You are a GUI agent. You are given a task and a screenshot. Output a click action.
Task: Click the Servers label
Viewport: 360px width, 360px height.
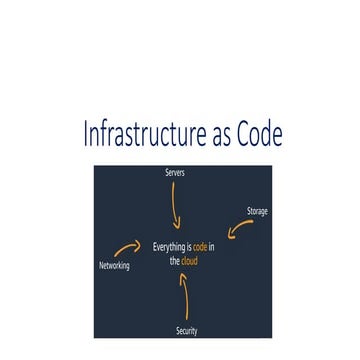[x=175, y=173]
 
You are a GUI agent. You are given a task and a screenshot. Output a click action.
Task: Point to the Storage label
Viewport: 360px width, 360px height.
[x=257, y=211]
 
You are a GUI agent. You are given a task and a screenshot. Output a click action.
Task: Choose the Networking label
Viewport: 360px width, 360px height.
[x=114, y=266]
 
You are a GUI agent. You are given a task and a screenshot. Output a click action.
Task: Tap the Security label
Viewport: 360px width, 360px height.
[x=186, y=330]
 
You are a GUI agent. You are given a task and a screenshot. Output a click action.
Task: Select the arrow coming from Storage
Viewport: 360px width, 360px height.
[x=240, y=229]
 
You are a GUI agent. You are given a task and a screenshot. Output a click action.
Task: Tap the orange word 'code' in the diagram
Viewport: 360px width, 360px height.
[x=200, y=247]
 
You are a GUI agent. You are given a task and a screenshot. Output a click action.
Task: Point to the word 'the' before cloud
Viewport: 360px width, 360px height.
[x=174, y=262]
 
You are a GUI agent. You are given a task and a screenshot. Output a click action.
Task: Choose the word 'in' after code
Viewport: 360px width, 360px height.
[x=212, y=247]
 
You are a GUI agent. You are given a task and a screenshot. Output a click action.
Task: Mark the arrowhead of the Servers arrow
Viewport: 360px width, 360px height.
[x=177, y=226]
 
